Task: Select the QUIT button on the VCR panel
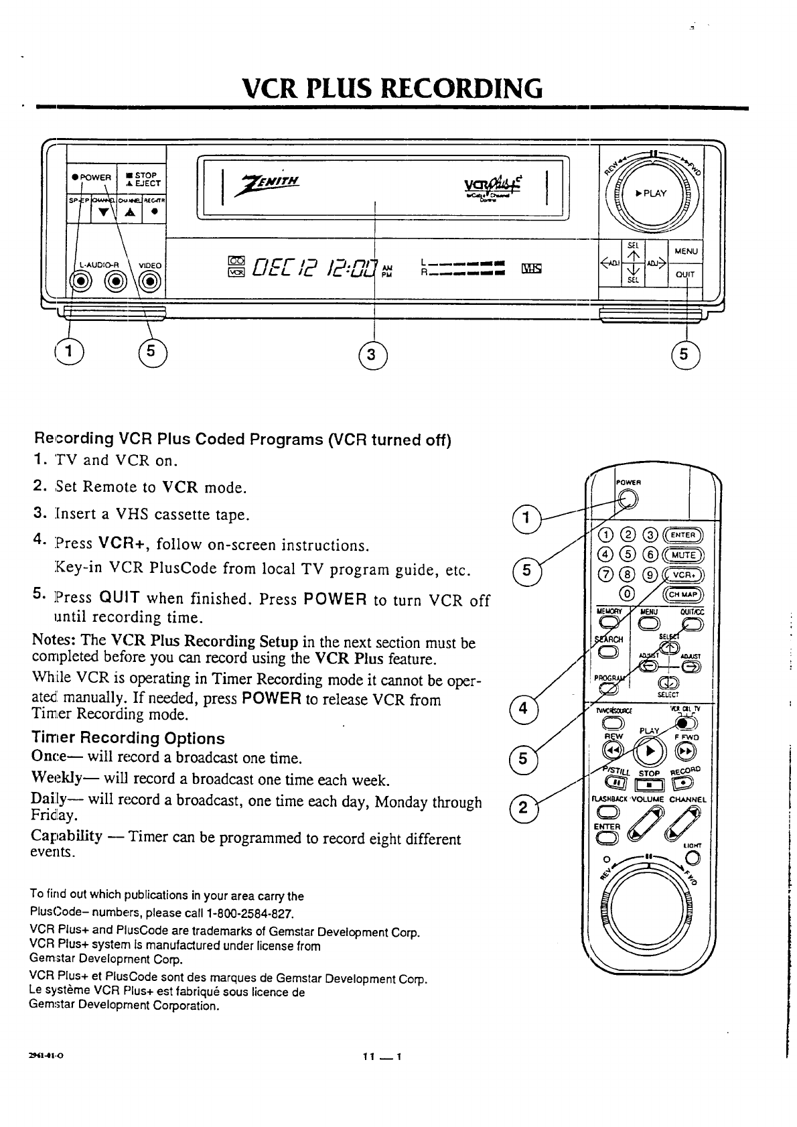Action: pos(684,274)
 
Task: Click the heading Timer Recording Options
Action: pos(128,738)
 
